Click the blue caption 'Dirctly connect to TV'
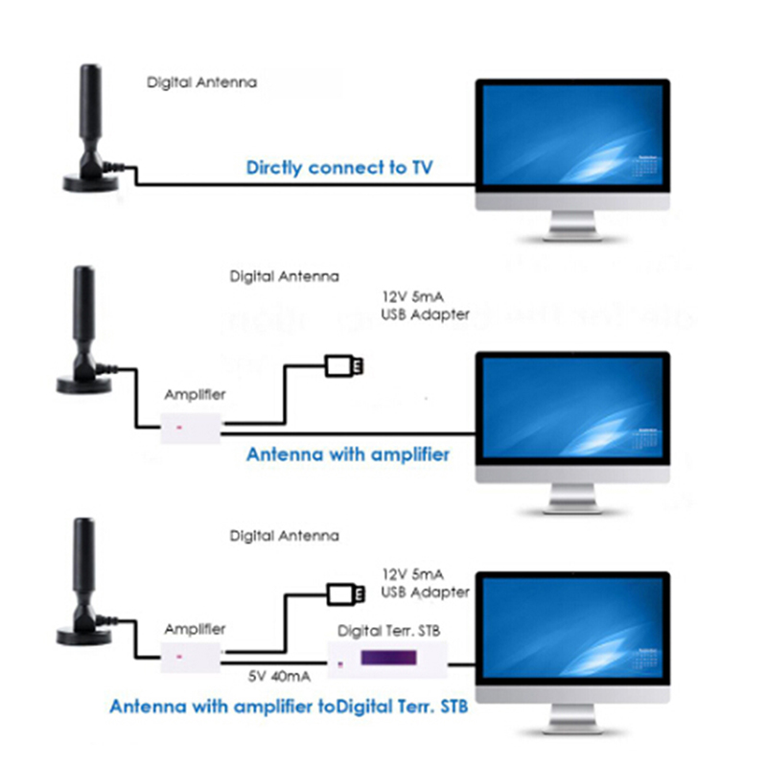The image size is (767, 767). pos(339,168)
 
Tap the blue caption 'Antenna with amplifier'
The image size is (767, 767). pos(347,454)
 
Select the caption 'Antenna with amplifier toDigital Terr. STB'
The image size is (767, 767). pos(289,708)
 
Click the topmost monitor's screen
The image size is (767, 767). pos(572,135)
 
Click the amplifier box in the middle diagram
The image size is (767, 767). pos(187,425)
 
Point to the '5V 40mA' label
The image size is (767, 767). pos(278,678)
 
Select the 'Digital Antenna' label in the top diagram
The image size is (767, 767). pos(201,82)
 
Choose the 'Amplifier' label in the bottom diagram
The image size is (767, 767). pos(195,629)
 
